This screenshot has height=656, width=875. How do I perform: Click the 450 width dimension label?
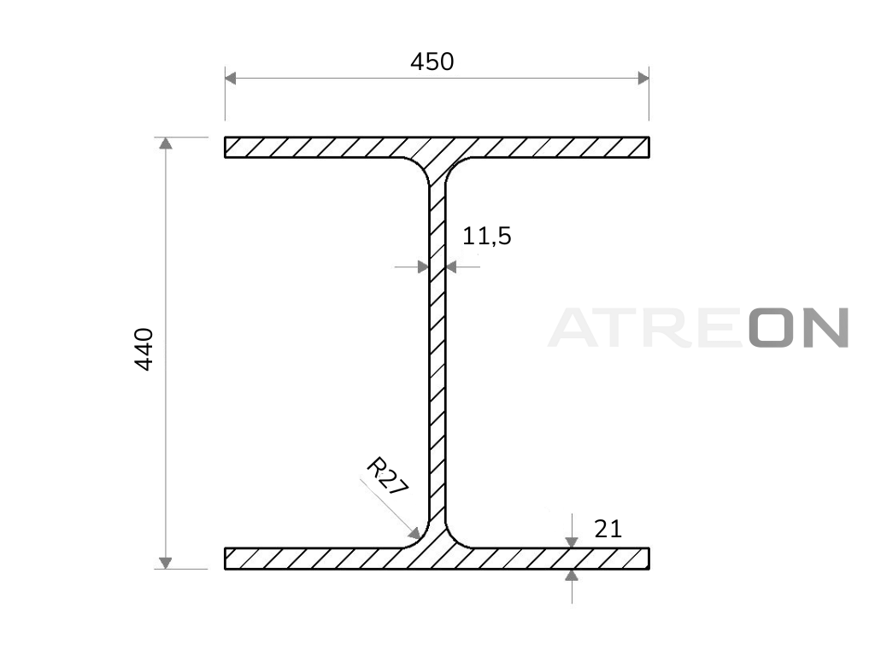pos(432,61)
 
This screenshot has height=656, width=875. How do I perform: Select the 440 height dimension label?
pos(144,349)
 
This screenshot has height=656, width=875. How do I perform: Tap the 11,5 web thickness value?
pos(486,236)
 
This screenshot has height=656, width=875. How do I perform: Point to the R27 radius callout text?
pos(386,476)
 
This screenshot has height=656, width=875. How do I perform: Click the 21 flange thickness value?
pos(608,529)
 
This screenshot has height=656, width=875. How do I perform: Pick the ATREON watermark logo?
pos(699,328)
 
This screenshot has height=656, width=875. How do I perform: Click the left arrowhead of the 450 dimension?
pos(231,78)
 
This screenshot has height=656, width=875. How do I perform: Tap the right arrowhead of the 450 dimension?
pos(643,78)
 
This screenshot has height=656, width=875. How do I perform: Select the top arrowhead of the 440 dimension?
pos(165,143)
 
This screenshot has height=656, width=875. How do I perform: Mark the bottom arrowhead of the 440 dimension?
pos(165,563)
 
